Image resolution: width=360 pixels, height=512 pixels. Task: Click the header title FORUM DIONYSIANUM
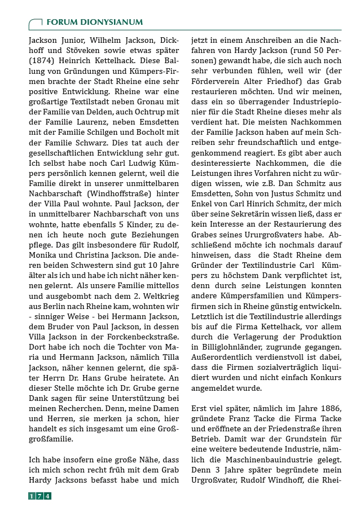[94, 22]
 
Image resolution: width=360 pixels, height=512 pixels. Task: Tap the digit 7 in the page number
[39, 496]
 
